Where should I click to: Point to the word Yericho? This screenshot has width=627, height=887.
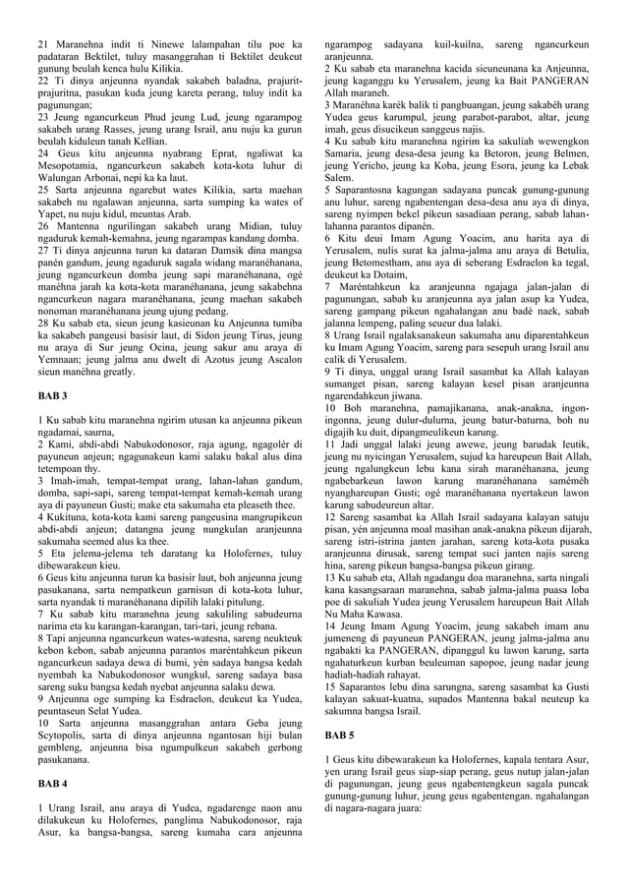click(362, 169)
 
